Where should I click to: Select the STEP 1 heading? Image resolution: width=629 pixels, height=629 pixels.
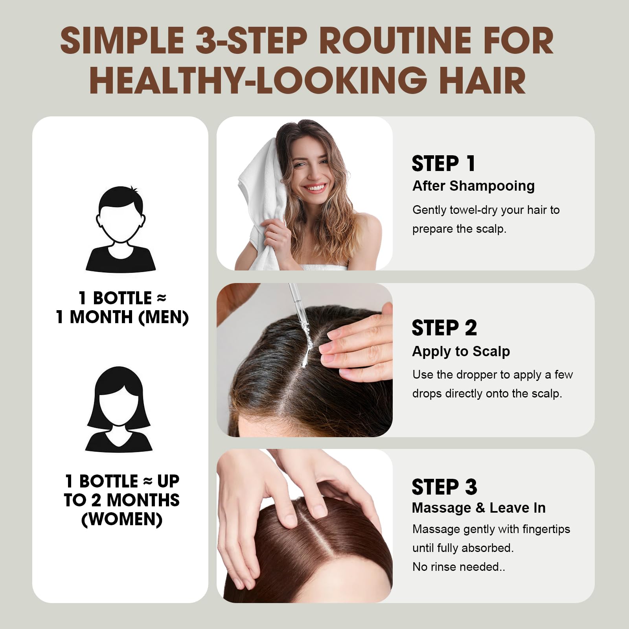click(x=443, y=164)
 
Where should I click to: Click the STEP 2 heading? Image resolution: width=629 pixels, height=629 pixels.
click(x=444, y=328)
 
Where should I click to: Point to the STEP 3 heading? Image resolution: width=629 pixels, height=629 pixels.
click(x=444, y=487)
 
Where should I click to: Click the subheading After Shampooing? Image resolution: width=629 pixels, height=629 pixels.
click(x=473, y=186)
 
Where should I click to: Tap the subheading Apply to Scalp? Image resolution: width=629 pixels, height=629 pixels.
click(x=461, y=351)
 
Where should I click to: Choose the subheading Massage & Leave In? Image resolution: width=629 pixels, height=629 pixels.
click(x=479, y=508)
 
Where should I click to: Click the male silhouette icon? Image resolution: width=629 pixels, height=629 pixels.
click(x=121, y=229)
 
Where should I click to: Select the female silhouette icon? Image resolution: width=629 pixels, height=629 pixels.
click(x=119, y=409)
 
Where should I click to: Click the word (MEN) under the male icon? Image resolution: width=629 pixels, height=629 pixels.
click(x=164, y=317)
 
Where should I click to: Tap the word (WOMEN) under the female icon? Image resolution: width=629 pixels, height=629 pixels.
click(x=122, y=519)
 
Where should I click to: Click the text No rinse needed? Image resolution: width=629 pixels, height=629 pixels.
click(x=458, y=567)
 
